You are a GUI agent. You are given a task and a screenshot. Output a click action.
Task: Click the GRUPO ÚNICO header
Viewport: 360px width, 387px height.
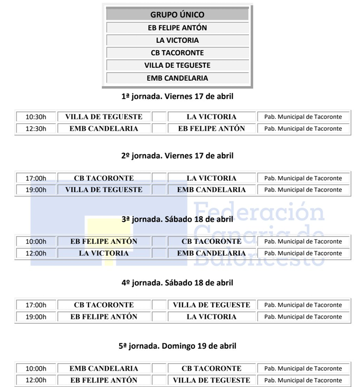coord(177,15)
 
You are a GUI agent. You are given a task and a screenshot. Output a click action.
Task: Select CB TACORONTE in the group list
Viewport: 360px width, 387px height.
coord(177,53)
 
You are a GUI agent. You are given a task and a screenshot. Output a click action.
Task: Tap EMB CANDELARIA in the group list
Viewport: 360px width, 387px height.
coord(177,78)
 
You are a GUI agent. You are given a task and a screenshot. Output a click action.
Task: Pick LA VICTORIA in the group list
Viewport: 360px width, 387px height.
coord(177,40)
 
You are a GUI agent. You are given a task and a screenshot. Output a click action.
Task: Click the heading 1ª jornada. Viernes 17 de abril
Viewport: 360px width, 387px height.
coord(177,97)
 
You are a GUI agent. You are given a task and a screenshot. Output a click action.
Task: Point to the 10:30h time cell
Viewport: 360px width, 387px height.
coord(36,117)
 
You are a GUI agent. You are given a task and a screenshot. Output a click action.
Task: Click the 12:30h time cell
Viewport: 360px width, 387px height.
coord(36,128)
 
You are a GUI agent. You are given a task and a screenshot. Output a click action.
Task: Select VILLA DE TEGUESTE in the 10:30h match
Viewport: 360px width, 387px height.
coord(103,117)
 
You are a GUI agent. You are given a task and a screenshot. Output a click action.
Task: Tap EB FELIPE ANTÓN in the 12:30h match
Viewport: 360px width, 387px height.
coord(211,128)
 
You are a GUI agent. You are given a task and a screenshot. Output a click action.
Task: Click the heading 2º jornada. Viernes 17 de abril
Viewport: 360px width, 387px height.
coord(177,156)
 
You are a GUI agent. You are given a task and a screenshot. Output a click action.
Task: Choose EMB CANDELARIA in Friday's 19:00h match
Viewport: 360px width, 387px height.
coord(211,190)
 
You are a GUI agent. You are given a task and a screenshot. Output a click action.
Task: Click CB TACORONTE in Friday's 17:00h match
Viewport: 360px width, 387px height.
coord(103,178)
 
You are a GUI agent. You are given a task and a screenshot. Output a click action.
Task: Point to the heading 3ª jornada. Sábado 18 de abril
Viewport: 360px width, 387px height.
coord(177,219)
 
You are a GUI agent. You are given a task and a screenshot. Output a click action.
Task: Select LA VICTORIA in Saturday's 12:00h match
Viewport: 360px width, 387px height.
coord(103,253)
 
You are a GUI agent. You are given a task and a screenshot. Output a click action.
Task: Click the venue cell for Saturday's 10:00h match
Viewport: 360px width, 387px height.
coord(303,242)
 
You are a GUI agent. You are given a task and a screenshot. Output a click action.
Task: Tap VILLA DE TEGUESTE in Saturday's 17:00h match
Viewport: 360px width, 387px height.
coord(211,305)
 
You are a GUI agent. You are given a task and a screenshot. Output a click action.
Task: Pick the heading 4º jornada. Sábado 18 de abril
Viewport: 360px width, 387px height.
coord(177,283)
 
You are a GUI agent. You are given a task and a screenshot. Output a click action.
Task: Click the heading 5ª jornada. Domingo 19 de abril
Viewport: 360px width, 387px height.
coord(177,346)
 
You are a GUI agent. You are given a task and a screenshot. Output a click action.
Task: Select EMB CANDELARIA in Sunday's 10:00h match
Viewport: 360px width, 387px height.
coord(103,369)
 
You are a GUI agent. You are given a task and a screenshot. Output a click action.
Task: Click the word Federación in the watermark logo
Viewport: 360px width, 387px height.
coord(259,211)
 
